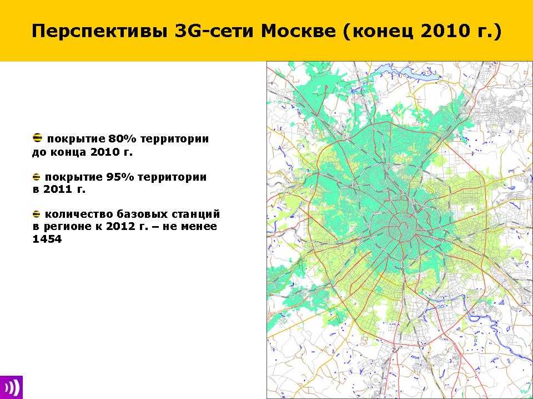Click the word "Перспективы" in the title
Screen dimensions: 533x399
click(x=99, y=31)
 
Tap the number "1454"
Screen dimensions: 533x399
click(x=47, y=239)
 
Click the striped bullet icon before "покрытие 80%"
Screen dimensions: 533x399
click(x=37, y=138)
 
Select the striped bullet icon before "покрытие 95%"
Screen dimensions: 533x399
click(x=37, y=177)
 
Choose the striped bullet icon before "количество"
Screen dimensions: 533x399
click(x=37, y=214)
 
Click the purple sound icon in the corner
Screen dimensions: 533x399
click(x=11, y=387)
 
